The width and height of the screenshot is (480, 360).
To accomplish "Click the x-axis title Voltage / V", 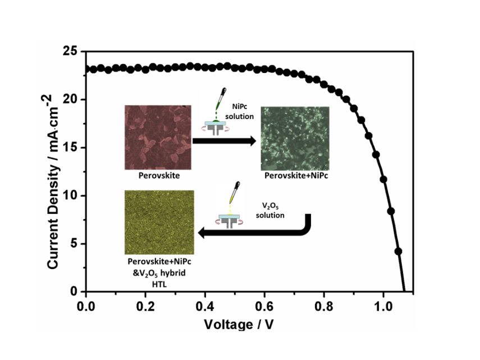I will coord(239,324).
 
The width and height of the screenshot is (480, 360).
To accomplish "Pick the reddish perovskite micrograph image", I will coord(158,137).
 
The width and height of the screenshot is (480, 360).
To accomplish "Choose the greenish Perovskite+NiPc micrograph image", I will coord(295,138).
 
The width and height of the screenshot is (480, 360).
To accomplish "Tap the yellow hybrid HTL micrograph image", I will coord(159,222).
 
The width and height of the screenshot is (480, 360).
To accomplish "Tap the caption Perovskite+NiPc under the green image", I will coord(295,176).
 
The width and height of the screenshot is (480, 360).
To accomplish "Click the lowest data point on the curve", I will coord(399,251).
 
